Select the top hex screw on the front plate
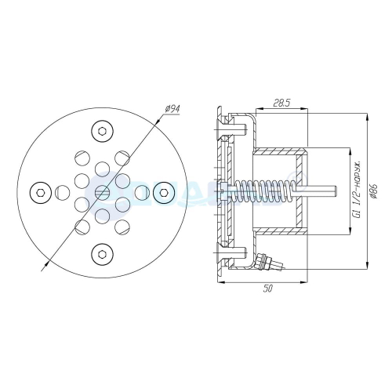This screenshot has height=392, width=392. pos(102,130)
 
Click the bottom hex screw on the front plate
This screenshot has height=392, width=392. pos(102,252)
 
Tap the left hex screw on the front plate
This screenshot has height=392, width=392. pos(41,191)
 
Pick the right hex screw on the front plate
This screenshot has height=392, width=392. pos(163,191)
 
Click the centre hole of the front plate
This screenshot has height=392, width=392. pos(102,191)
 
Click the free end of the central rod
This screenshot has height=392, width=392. pos(335,191)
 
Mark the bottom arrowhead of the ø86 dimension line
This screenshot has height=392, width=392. pos(367,267)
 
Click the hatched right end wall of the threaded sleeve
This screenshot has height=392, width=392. pos(302,191)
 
